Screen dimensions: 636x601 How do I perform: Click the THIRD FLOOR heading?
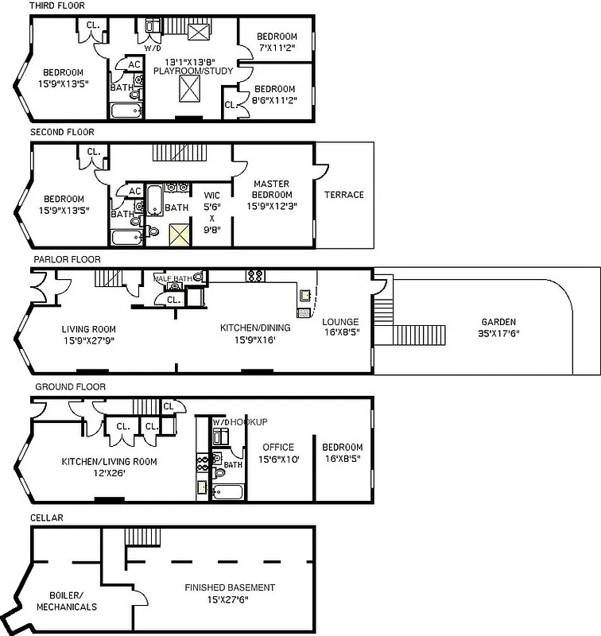click(x=57, y=6)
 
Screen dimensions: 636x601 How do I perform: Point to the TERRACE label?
click(x=343, y=195)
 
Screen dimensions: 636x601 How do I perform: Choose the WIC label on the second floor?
click(x=211, y=194)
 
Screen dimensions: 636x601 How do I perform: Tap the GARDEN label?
click(x=498, y=322)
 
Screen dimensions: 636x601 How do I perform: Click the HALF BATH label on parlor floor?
click(x=173, y=277)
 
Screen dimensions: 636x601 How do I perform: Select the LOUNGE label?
click(x=341, y=322)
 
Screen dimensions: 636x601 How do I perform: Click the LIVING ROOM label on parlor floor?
click(x=88, y=328)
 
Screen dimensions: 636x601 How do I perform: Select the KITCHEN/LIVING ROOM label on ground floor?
click(x=109, y=461)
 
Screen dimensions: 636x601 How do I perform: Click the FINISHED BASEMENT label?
click(x=230, y=588)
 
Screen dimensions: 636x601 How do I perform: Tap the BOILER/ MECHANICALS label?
click(x=67, y=600)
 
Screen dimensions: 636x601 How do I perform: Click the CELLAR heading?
click(x=47, y=518)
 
